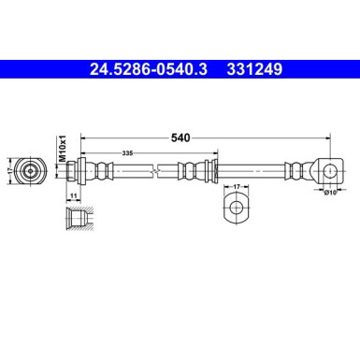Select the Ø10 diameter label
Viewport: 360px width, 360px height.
tap(328, 193)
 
